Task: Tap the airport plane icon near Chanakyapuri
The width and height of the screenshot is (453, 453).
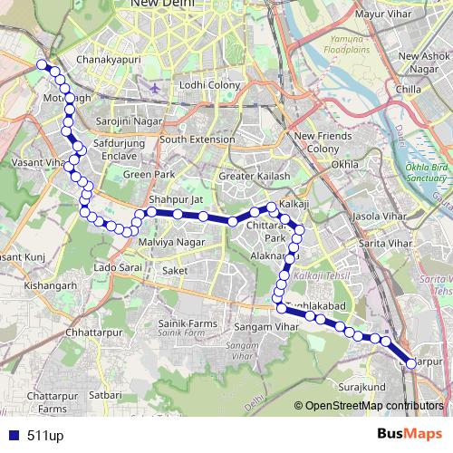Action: point(156,89)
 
